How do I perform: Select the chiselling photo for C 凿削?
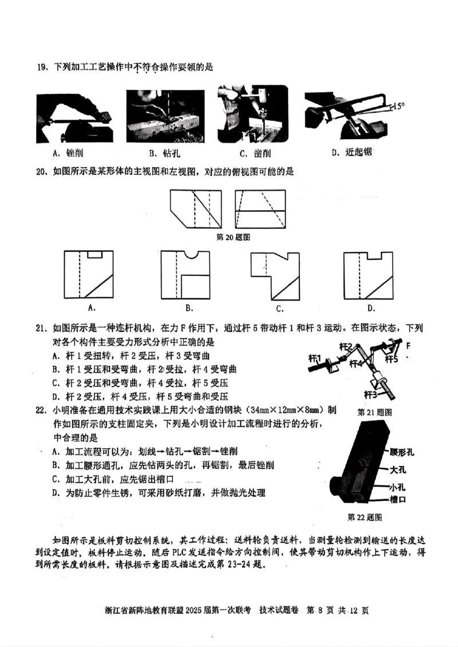(x=252, y=115)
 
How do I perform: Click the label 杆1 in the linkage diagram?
(x=315, y=357)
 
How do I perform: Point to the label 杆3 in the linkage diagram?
(x=372, y=394)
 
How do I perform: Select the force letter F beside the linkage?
(x=408, y=346)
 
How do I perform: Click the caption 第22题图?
(x=365, y=517)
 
